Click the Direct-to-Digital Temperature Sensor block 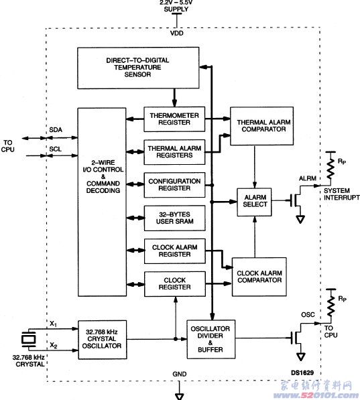click(138, 68)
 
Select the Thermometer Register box click(174, 119)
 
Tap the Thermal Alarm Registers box click(174, 152)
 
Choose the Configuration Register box click(174, 185)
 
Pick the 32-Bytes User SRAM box click(175, 218)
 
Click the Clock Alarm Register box click(175, 251)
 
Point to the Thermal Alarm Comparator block click(261, 126)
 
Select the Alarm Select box click(254, 202)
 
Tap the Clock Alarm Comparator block click(259, 277)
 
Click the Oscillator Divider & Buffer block click(211, 339)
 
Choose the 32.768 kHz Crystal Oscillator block click(102, 340)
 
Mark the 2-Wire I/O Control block click(102, 202)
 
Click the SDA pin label click(56, 130)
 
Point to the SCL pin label click(56, 149)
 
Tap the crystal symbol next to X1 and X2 click(29, 339)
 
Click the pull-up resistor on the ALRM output click(331, 168)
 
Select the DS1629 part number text click(302, 373)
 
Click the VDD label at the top click(177, 33)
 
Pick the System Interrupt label click(342, 194)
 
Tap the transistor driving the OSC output click(297, 338)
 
